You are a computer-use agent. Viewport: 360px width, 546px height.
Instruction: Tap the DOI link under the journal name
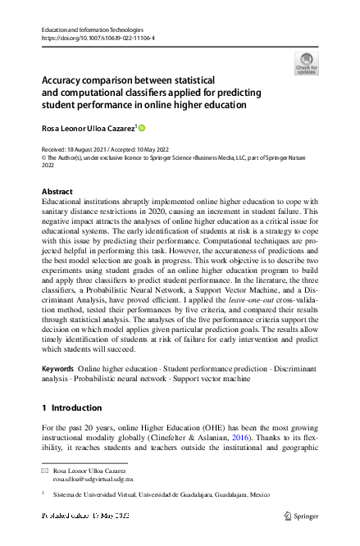click(x=98, y=38)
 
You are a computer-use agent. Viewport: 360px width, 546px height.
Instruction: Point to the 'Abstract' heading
click(x=57, y=191)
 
